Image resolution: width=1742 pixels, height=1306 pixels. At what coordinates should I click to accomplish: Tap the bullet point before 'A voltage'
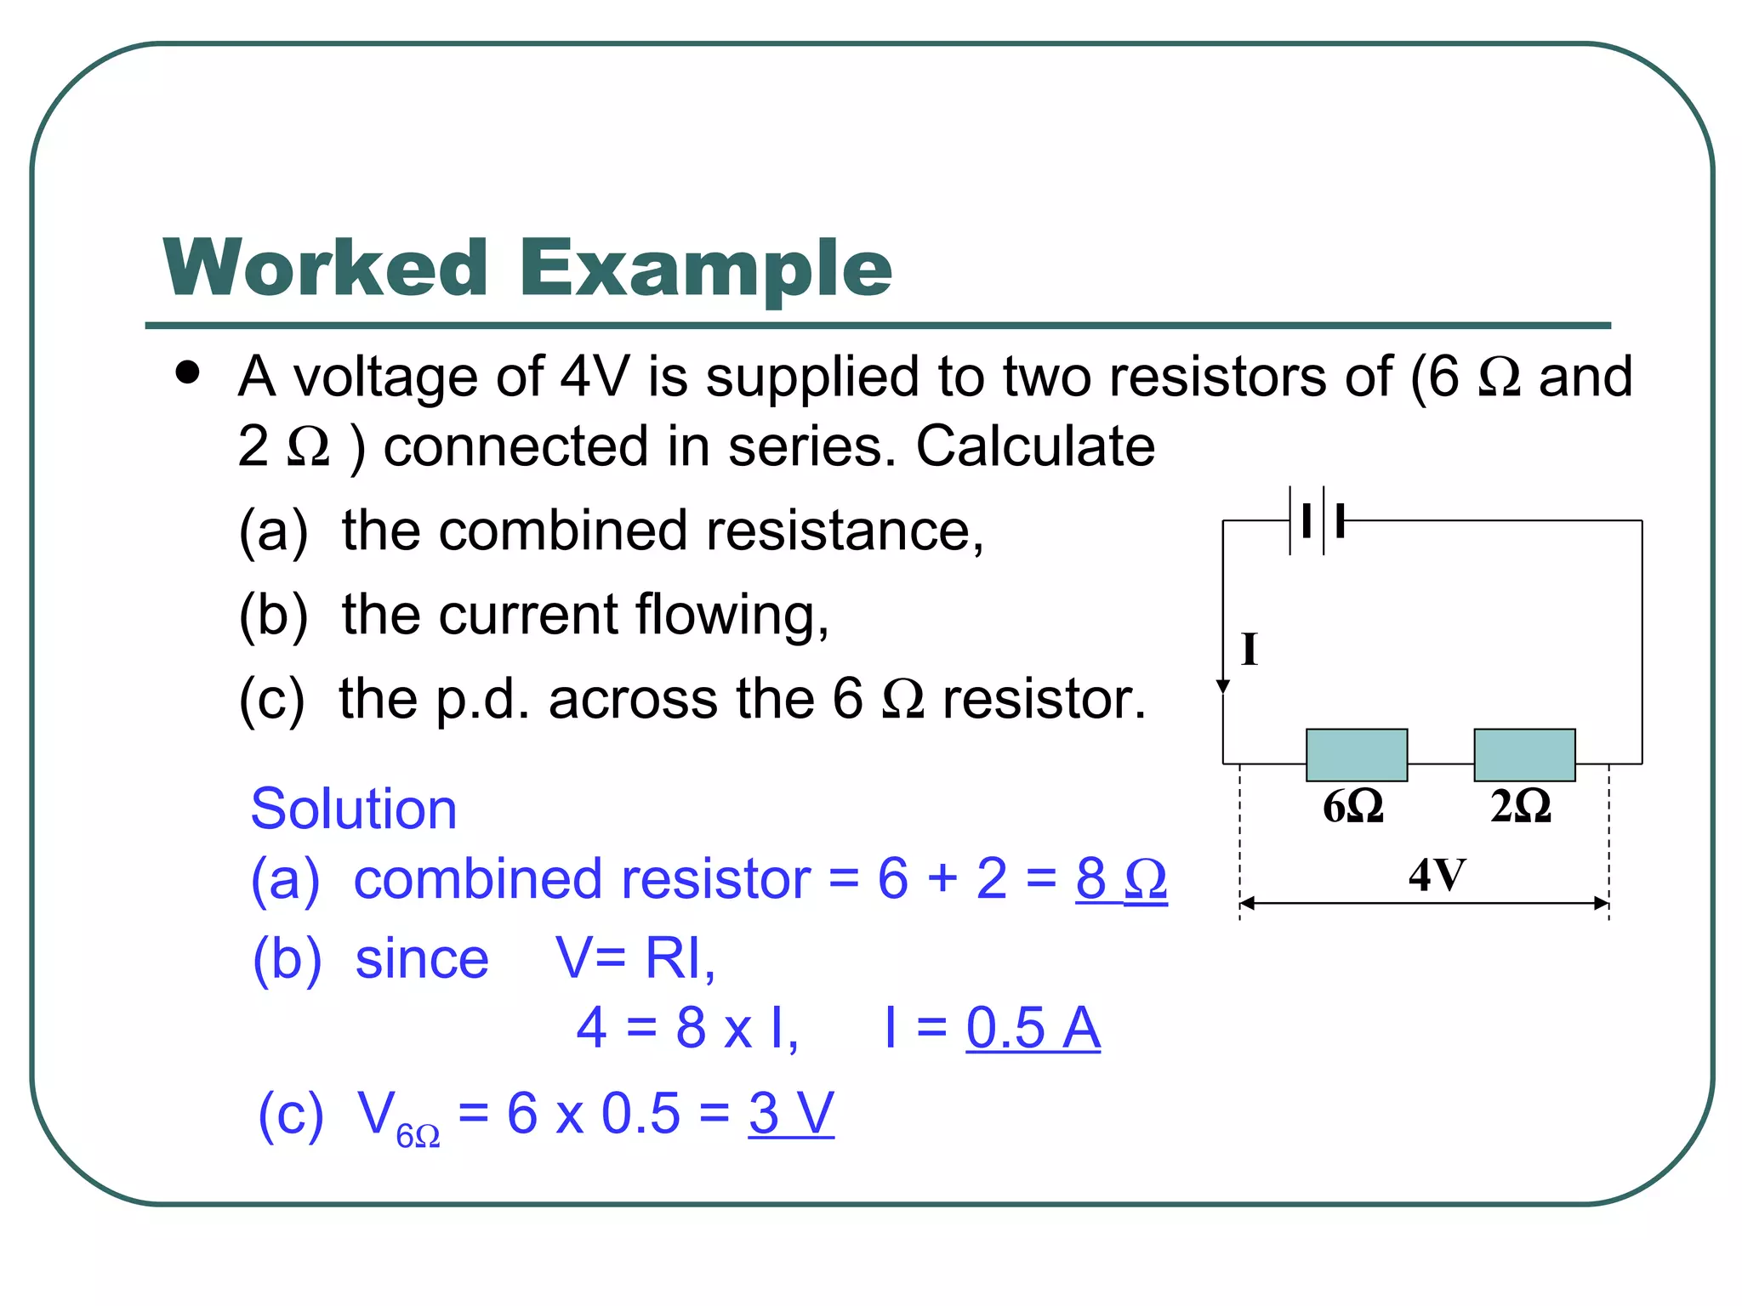coord(187,373)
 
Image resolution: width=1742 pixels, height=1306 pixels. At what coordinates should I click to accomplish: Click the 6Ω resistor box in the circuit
coord(1357,755)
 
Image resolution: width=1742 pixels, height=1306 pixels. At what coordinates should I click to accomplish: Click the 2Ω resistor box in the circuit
coord(1524,755)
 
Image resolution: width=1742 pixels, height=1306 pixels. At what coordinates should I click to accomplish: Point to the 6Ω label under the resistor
coord(1353,806)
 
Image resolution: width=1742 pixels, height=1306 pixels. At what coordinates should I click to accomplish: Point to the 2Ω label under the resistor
coord(1521,806)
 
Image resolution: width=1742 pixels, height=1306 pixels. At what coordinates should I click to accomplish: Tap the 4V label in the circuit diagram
coord(1437,875)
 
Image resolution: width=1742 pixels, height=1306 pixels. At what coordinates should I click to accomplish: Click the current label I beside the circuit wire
coord(1250,650)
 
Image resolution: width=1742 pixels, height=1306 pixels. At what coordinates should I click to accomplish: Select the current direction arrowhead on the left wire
coord(1223,686)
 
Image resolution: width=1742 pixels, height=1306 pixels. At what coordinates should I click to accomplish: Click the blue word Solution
coord(354,809)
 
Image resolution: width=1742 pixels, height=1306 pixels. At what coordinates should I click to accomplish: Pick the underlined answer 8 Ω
coord(1121,878)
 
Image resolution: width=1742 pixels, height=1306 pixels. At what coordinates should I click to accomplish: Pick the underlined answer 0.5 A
coord(1033,1028)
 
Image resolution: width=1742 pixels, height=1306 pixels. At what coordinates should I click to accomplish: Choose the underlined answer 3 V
coord(791,1113)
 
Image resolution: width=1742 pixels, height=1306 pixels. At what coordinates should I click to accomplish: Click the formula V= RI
coord(635,958)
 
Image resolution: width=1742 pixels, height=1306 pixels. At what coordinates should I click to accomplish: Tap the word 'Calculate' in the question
coord(1035,446)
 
